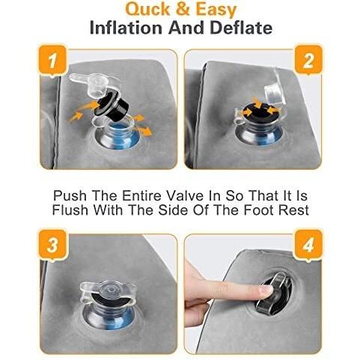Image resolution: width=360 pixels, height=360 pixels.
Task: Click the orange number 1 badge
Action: [52, 61]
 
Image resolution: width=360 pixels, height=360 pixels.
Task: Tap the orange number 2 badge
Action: [308, 60]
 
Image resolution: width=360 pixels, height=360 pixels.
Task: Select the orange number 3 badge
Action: [52, 245]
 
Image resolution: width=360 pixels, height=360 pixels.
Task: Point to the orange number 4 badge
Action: [308, 245]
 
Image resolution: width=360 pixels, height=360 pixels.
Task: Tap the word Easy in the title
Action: [216, 10]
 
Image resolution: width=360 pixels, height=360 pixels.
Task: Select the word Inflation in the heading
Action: [126, 28]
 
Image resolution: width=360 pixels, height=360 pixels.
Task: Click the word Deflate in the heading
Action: [241, 28]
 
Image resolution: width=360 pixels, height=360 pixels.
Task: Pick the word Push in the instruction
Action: [69, 195]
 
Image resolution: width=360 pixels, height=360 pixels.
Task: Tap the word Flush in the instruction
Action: [70, 210]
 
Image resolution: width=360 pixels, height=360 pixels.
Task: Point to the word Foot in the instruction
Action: [258, 210]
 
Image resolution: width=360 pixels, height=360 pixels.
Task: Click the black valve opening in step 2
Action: [260, 114]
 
